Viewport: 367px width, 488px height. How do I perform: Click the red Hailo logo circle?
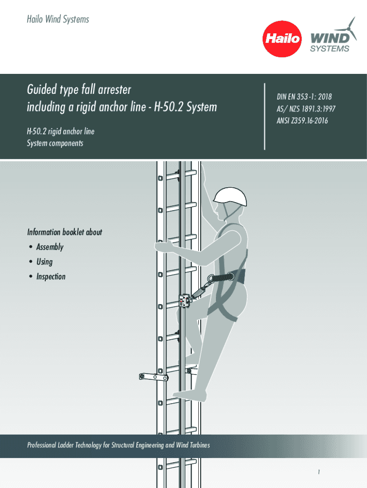click(x=282, y=39)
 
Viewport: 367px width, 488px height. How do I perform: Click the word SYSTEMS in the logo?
click(x=329, y=49)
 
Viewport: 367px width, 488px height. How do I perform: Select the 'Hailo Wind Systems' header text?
click(x=58, y=19)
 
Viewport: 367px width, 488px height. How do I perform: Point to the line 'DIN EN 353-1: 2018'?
click(x=304, y=97)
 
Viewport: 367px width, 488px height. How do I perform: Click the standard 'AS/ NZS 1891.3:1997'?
click(x=306, y=109)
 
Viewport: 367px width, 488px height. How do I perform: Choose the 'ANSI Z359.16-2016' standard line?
click(x=302, y=121)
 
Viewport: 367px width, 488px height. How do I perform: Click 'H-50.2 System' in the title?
click(x=185, y=107)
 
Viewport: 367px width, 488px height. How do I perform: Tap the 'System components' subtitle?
click(x=55, y=143)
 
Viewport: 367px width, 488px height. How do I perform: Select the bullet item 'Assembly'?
click(x=50, y=247)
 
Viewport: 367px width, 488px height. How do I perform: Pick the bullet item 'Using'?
click(x=44, y=262)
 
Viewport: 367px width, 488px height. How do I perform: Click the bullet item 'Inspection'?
click(x=51, y=276)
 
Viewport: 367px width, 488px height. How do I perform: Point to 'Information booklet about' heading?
click(x=64, y=232)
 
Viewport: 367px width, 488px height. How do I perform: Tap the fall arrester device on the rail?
click(x=185, y=302)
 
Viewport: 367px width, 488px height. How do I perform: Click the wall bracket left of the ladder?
click(x=154, y=377)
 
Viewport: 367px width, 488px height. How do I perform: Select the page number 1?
click(x=319, y=472)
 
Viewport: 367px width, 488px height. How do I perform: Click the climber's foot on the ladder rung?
click(x=190, y=395)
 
